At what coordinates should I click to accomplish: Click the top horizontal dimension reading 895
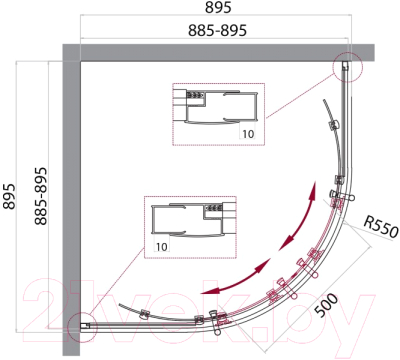point(218,7)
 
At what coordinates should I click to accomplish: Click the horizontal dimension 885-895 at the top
point(217,30)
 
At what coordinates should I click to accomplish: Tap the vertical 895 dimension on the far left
point(9,196)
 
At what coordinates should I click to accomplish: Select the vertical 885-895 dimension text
point(41,196)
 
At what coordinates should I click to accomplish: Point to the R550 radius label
point(381,227)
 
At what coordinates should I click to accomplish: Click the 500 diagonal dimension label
point(327,306)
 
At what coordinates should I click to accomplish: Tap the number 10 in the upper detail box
point(248,134)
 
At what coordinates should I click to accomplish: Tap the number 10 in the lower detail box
point(161,247)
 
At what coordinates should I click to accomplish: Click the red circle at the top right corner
point(348,67)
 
